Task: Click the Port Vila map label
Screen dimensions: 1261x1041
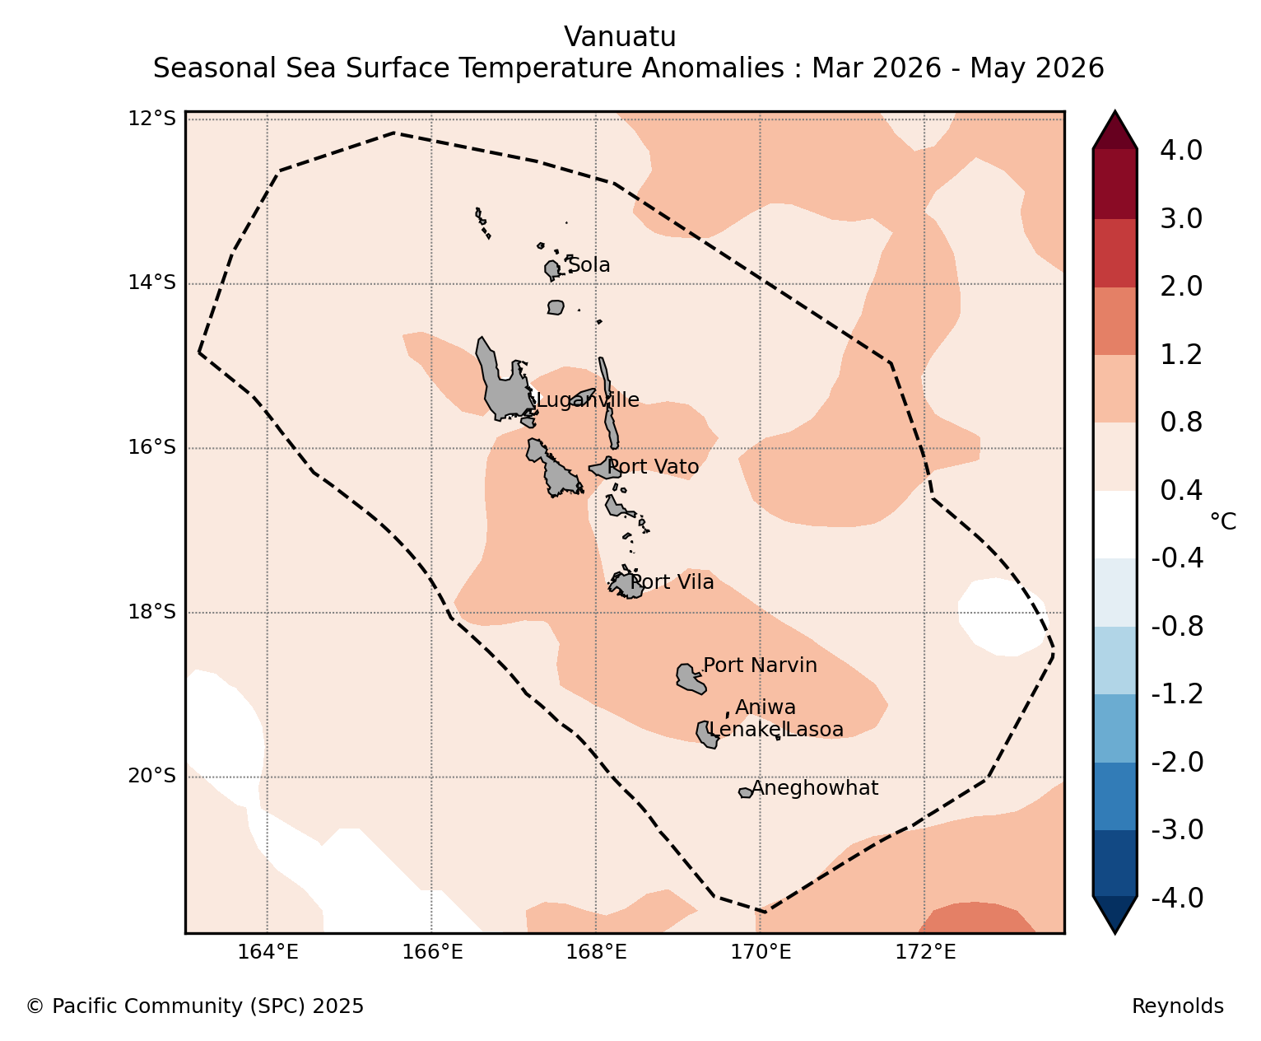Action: [672, 582]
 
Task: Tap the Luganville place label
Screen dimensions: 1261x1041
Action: [588, 400]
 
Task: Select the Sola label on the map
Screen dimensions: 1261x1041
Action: [589, 265]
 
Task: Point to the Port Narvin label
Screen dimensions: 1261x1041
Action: [760, 665]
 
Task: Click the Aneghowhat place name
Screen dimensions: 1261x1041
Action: [815, 788]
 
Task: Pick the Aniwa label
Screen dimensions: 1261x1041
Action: [765, 707]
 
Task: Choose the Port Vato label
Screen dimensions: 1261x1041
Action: [654, 467]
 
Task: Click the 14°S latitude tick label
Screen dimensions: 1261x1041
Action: [151, 282]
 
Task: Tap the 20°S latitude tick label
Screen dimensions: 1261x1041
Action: [151, 775]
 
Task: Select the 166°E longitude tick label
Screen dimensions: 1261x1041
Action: [432, 952]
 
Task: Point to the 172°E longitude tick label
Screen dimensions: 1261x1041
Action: [925, 952]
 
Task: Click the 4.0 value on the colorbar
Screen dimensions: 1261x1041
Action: [1180, 150]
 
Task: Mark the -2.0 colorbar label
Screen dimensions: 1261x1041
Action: [1177, 762]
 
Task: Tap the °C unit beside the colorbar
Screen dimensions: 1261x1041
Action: [1223, 521]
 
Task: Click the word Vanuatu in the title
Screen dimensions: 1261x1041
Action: [620, 37]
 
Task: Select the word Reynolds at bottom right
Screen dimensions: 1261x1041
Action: [1178, 1006]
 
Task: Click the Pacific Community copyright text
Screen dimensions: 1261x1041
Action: [194, 1006]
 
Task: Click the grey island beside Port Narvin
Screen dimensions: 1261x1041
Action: [691, 679]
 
